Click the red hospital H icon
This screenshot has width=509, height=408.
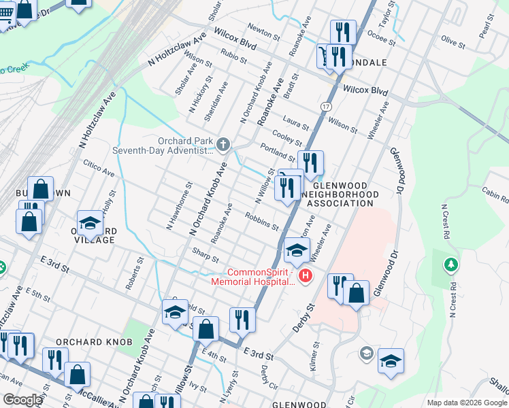[x=306, y=275]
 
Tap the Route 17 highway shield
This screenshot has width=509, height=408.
[x=327, y=107]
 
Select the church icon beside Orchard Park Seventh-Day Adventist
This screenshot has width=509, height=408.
[x=224, y=144]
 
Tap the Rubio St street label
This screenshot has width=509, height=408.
[x=232, y=55]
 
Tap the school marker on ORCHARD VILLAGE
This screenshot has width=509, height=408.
[x=89, y=223]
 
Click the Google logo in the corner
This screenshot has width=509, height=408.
[x=22, y=400]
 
